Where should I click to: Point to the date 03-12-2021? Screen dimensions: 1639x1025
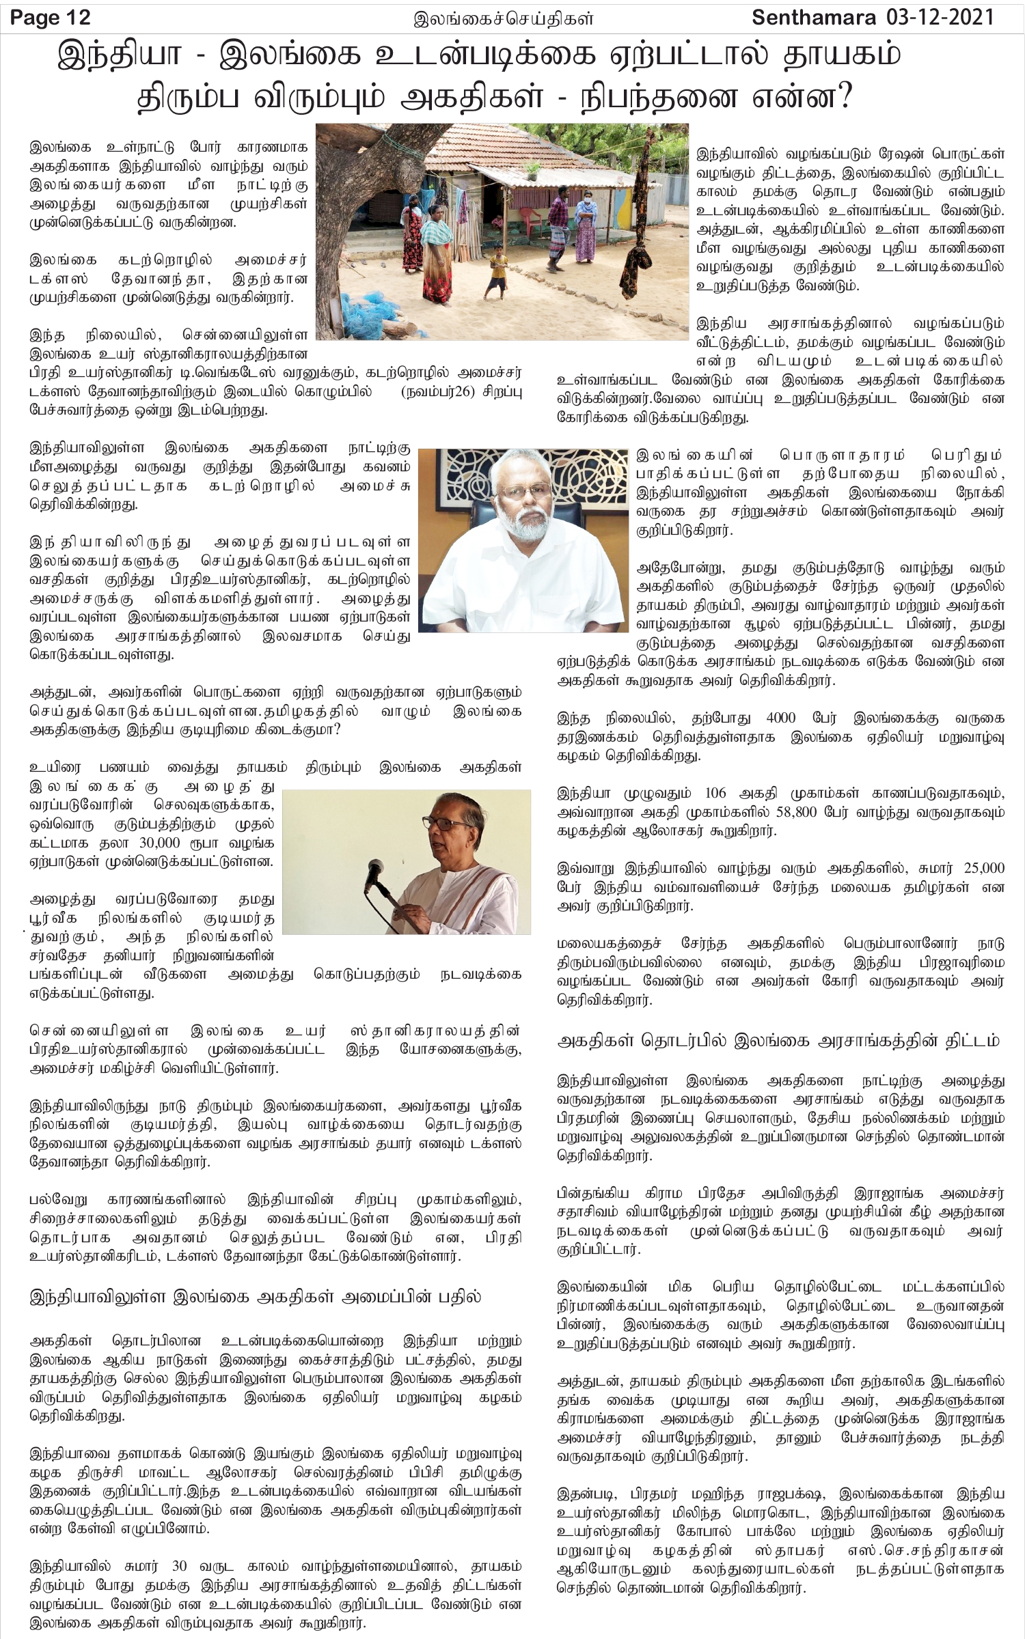tap(945, 16)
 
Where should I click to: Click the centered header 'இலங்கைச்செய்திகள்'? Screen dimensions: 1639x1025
tap(504, 19)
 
